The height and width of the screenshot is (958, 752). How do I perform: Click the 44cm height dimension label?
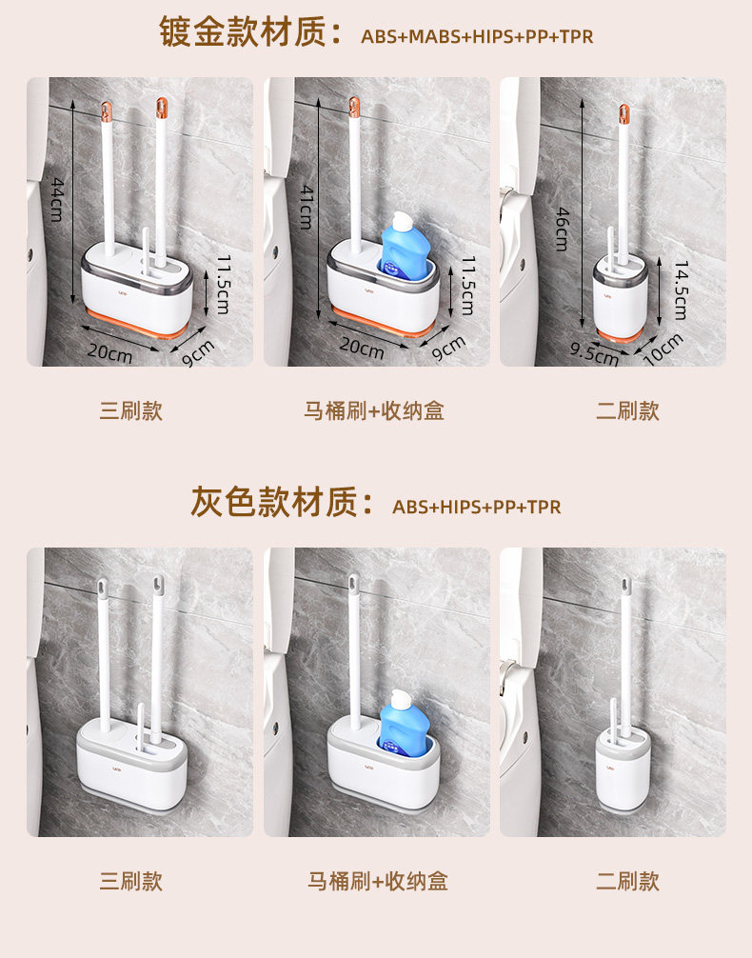tap(57, 200)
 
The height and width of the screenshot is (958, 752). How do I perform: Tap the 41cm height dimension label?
tap(307, 207)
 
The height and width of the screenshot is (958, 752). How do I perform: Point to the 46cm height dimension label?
tap(563, 230)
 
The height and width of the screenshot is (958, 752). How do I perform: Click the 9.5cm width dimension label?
tap(594, 353)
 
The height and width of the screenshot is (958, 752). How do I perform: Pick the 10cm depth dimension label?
tap(663, 349)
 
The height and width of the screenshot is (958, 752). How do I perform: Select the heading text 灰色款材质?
tap(274, 502)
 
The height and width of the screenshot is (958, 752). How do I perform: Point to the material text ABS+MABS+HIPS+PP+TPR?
tap(477, 36)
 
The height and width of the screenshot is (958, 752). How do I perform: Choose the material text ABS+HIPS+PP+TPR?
tap(477, 508)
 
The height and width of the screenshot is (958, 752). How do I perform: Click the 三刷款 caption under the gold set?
tap(131, 410)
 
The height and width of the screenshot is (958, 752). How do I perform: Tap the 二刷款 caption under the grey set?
tap(628, 881)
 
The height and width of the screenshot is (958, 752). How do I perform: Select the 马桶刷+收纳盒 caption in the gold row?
tap(374, 410)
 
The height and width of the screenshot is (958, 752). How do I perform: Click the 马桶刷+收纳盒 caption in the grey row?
tap(378, 881)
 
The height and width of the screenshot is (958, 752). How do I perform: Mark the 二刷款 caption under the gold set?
tap(628, 410)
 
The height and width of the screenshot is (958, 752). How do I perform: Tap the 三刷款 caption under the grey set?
tap(131, 881)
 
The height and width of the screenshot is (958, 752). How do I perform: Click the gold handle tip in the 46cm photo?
tap(623, 113)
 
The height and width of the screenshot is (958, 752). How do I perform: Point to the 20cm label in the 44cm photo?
tap(110, 352)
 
